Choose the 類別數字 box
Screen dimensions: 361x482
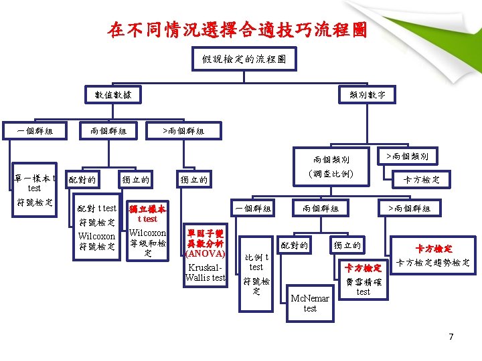(368, 95)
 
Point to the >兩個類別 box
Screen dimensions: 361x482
(407, 156)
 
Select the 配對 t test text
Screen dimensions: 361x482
(97, 208)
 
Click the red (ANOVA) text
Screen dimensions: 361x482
(206, 254)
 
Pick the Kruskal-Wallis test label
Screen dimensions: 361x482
(206, 271)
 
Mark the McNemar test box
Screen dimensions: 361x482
(310, 303)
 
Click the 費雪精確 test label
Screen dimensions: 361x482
(363, 286)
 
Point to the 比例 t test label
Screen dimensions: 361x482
(256, 261)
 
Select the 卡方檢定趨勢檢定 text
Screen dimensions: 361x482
(433, 263)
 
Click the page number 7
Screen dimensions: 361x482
(451, 336)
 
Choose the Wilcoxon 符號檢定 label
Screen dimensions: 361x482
(97, 241)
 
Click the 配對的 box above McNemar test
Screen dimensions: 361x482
(295, 245)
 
